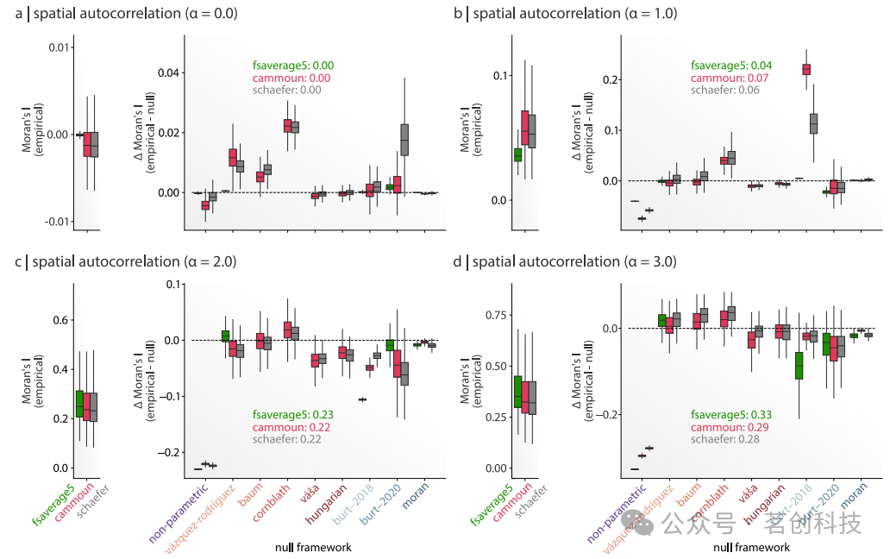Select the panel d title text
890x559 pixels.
(x=562, y=261)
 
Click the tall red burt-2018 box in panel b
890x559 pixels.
(x=806, y=69)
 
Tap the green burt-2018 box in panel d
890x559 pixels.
(x=799, y=365)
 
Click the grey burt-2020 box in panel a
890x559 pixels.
(x=404, y=140)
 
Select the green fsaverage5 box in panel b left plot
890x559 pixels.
(x=517, y=154)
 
